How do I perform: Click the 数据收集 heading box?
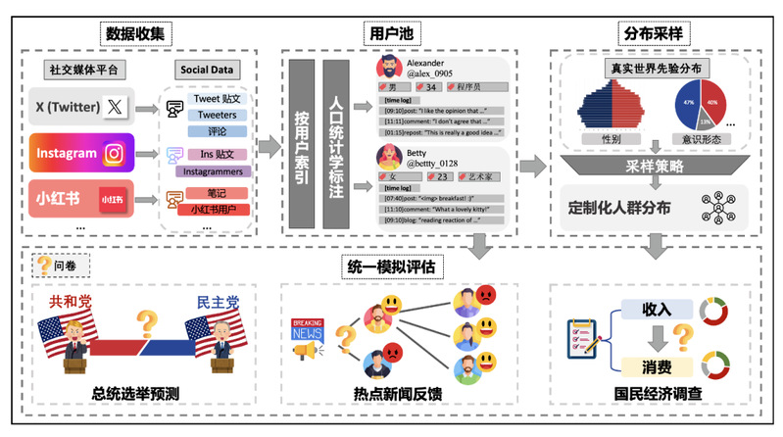(138, 33)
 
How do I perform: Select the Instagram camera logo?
(115, 153)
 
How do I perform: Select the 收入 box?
(656, 310)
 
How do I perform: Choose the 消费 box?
(656, 367)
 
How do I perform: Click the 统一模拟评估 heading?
(391, 265)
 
